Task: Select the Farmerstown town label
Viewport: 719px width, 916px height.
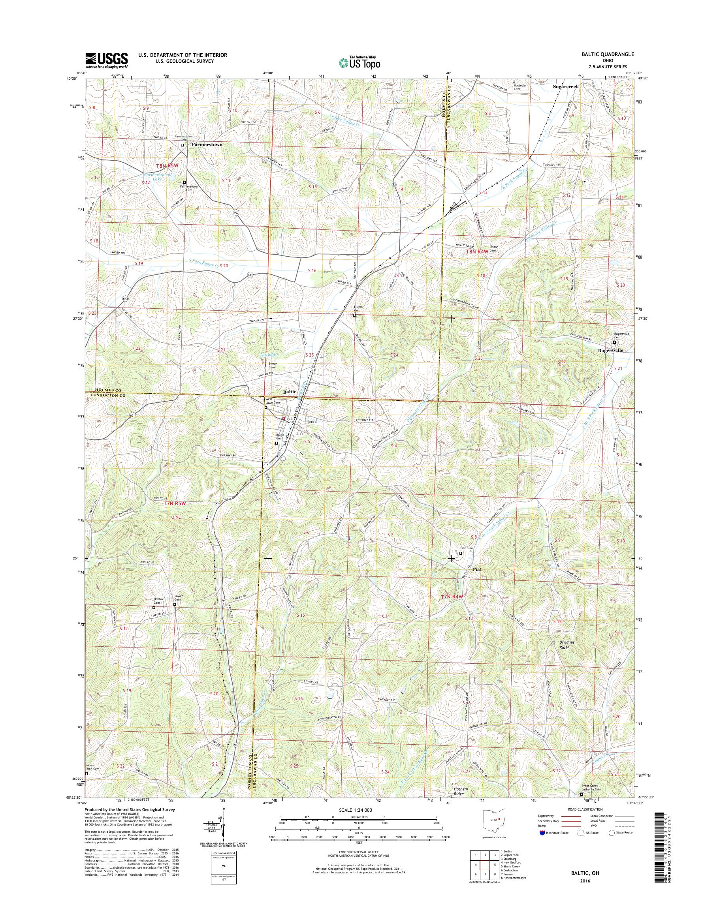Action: coord(207,145)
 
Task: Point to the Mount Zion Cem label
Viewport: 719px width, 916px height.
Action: coord(93,768)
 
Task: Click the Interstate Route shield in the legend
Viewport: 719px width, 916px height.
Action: coord(542,833)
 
